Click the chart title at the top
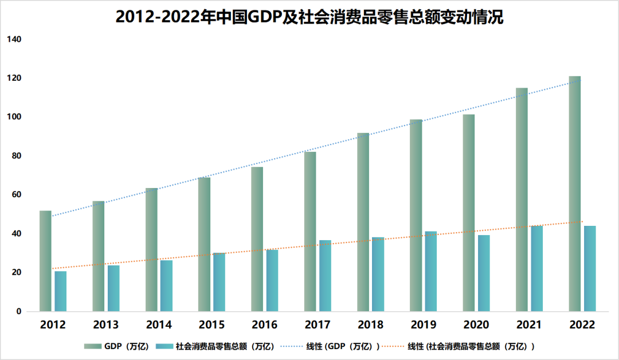coord(309,17)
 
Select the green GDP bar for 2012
coord(45,261)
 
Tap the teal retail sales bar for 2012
coord(60,291)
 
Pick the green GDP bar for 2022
coord(575,194)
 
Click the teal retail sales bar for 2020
coord(484,273)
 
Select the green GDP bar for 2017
coord(310,232)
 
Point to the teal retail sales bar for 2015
coord(219,282)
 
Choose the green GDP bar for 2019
coord(416,216)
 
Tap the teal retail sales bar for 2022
coord(590,268)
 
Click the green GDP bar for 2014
coord(151,250)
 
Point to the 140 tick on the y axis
coord(14,40)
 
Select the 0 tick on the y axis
coord(18,312)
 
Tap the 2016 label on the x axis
coord(264,325)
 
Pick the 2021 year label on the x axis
coord(529,325)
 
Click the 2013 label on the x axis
coord(106,325)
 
